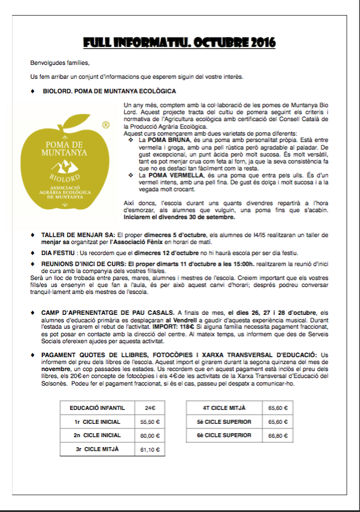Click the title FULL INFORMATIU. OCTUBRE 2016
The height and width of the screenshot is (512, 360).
tap(179, 43)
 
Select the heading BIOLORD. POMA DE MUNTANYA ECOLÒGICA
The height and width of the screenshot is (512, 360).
tap(110, 91)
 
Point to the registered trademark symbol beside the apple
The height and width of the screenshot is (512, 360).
tap(106, 125)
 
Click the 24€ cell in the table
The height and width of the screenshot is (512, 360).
tap(150, 408)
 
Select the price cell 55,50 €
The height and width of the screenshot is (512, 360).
tap(150, 422)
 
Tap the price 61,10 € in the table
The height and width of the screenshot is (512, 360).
tap(150, 449)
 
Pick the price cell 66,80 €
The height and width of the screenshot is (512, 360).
tap(278, 435)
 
